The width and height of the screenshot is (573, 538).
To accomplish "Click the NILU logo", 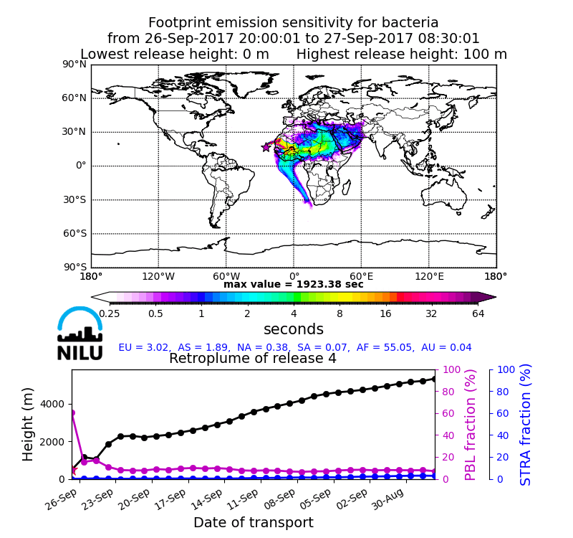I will (80, 334).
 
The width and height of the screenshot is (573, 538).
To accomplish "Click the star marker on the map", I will (266, 147).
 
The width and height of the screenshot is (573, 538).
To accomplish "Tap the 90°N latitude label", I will (74, 65).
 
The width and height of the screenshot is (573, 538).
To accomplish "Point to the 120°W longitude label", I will (158, 275).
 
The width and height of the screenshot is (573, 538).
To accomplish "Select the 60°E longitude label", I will (361, 275).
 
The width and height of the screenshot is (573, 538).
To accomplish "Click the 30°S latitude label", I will (74, 199).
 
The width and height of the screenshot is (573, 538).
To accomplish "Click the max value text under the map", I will (294, 285).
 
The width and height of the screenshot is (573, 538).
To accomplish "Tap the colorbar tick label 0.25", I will (110, 313).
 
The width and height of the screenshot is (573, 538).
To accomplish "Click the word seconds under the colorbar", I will (294, 329).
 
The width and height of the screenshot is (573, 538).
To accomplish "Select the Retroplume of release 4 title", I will (253, 359).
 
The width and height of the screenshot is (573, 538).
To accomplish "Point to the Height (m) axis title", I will (29, 424).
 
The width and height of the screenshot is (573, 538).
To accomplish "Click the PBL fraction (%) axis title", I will (471, 425).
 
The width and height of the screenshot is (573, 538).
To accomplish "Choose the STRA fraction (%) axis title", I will (526, 425).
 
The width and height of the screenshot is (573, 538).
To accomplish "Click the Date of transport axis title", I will (253, 523).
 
